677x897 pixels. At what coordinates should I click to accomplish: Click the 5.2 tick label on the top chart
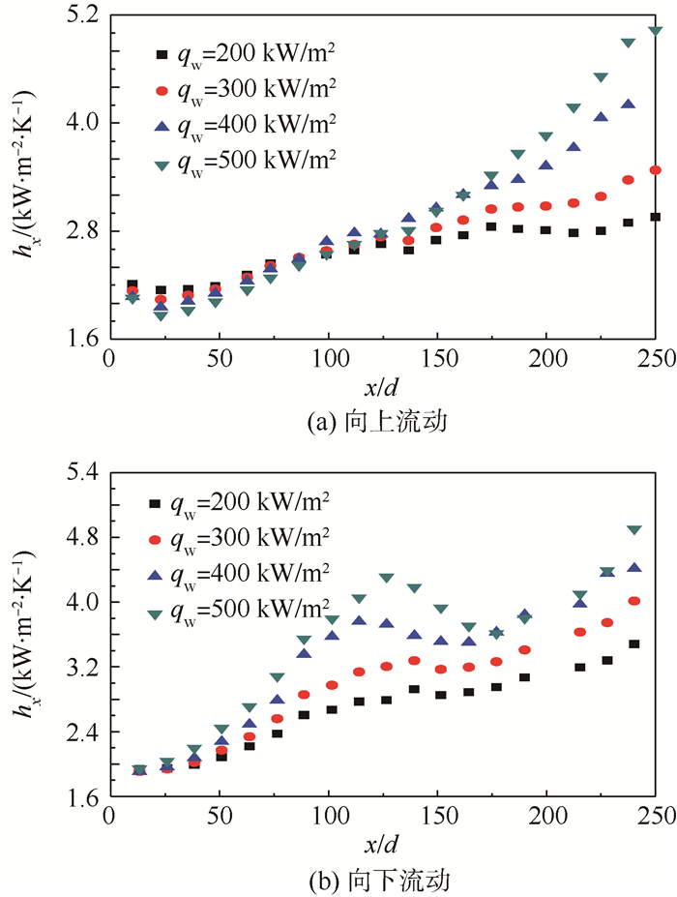pos(82,16)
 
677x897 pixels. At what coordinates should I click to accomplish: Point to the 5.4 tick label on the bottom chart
pos(82,473)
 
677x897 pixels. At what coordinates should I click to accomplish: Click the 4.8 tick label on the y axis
pos(82,537)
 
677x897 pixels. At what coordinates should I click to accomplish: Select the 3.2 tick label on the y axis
pos(82,668)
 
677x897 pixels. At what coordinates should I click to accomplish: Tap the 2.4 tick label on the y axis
pos(82,733)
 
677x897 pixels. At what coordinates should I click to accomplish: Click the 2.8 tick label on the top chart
pos(82,231)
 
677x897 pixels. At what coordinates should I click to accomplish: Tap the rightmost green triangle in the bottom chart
pos(634,530)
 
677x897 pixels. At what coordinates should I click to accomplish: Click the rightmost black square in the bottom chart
pos(634,643)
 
